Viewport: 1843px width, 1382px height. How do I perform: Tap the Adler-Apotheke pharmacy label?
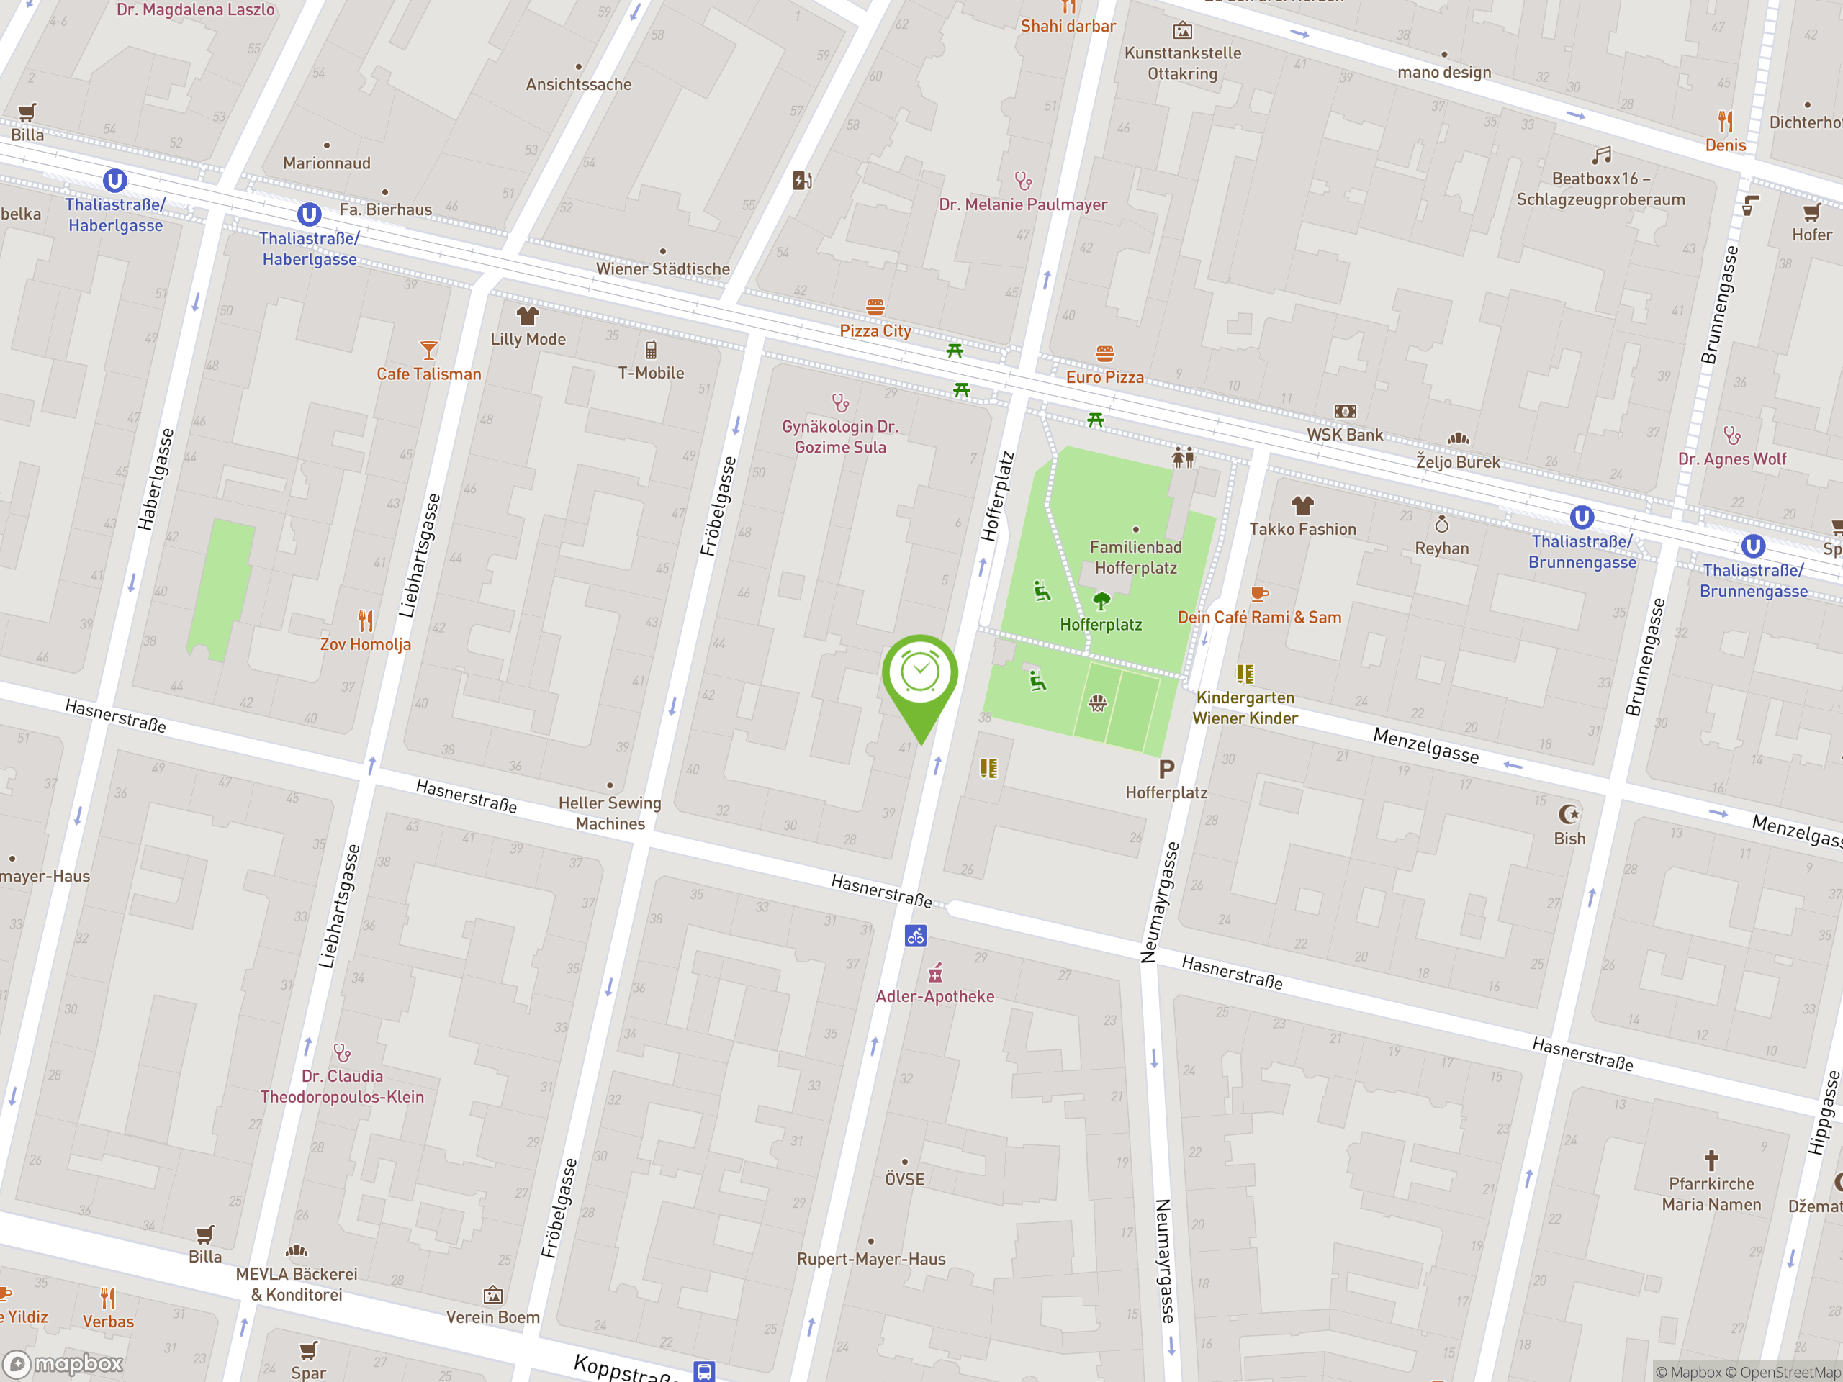(935, 996)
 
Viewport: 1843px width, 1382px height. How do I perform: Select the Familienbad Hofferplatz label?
(1135, 557)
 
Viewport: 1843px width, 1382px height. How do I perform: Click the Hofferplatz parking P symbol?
(1166, 769)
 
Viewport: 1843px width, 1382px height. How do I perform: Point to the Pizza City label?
(875, 330)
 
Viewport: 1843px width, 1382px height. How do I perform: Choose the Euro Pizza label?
(1105, 376)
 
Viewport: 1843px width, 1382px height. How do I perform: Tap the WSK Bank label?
(1344, 434)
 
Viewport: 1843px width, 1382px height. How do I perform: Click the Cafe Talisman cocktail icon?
(428, 350)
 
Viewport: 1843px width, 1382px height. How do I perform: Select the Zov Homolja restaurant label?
(366, 644)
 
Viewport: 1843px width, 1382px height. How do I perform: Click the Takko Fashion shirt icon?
(1302, 505)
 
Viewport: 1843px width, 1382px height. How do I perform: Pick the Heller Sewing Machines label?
(610, 813)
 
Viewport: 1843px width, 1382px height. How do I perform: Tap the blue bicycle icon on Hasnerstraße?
(916, 936)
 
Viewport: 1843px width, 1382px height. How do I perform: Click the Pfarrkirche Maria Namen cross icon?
(1711, 1160)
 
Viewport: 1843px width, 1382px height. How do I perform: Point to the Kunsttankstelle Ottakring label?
(1182, 63)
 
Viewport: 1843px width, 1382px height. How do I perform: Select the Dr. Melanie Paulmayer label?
(1023, 204)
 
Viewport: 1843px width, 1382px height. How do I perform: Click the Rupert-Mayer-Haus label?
(870, 1259)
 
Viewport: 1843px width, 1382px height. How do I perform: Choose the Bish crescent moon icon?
(1569, 814)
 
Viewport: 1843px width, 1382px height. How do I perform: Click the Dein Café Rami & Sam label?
(1259, 618)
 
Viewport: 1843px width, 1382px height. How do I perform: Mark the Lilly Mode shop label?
(528, 339)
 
